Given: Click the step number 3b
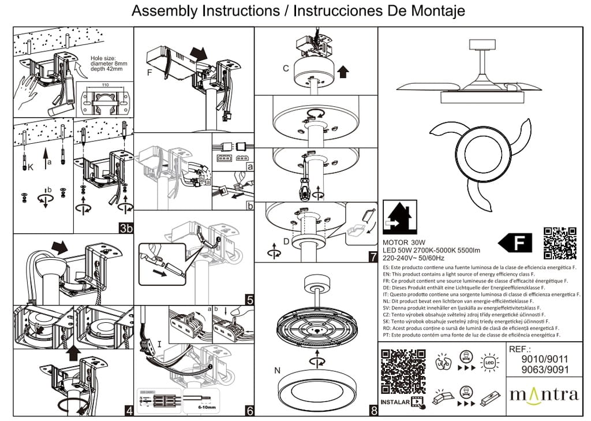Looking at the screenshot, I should pyautogui.click(x=126, y=228).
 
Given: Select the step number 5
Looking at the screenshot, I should pyautogui.click(x=249, y=300).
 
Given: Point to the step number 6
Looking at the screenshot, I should pyautogui.click(x=249, y=410).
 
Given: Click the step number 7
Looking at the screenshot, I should pyautogui.click(x=373, y=256).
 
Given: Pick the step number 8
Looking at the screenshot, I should pyautogui.click(x=373, y=411).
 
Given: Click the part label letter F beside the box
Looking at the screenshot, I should pyautogui.click(x=150, y=73).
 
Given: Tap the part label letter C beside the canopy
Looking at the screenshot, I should pyautogui.click(x=286, y=69).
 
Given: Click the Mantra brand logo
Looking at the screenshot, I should pyautogui.click(x=543, y=395).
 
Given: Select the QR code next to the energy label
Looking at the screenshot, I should pyautogui.click(x=560, y=243).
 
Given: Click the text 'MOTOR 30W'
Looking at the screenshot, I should pyautogui.click(x=404, y=242).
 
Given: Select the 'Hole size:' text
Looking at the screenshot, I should pyautogui.click(x=103, y=58).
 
